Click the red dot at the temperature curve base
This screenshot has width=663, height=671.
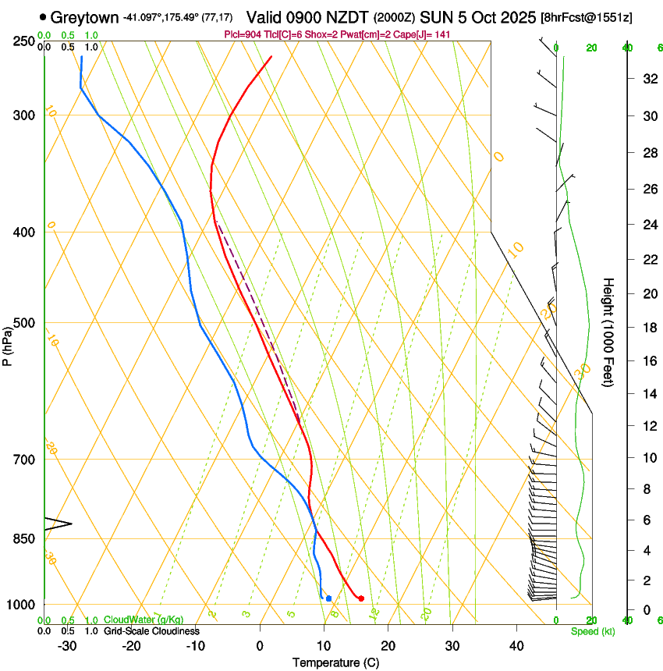360,598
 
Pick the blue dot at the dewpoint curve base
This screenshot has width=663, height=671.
328,598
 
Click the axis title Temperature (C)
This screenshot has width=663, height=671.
335,663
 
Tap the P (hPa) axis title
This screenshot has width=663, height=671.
8,343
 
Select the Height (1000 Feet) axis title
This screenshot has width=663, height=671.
609,332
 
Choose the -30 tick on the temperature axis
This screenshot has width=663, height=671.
67,646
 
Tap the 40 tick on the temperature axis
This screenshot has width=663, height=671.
516,646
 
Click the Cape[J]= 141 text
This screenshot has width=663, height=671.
424,35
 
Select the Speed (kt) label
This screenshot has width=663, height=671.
592,631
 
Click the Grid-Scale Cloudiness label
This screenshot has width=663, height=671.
151,631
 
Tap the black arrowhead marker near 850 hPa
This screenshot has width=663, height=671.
58,524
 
